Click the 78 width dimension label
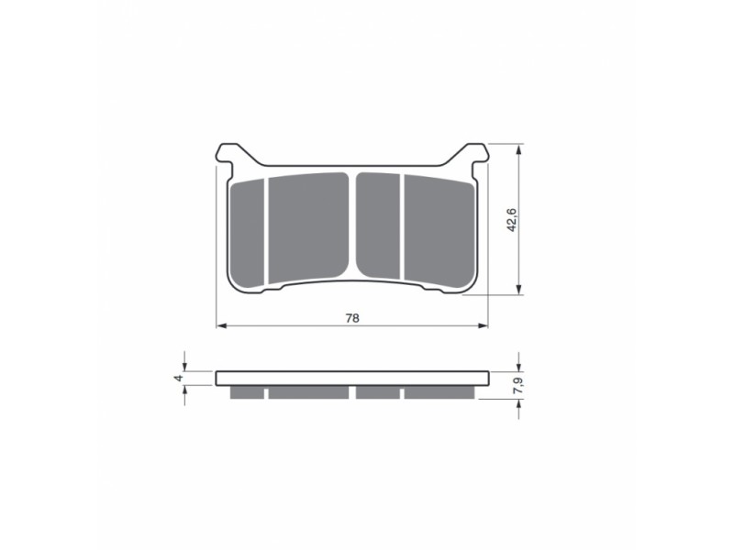pos(352,318)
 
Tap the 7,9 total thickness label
pos(517,386)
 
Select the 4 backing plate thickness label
pos(178,378)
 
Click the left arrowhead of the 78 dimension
pos(221,325)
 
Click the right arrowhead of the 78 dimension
pos(483,325)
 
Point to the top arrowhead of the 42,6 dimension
pos(518,149)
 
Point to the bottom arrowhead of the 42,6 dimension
pos(518,289)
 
